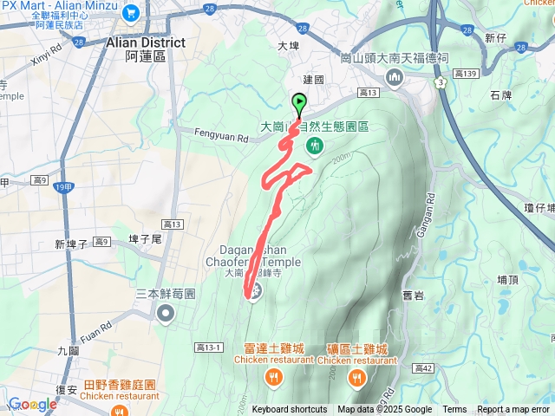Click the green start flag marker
299,103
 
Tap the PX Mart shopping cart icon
131,12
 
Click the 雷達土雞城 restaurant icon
273,376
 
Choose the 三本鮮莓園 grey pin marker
166,312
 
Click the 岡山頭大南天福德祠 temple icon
395,78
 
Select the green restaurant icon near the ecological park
315,145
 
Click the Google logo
32,404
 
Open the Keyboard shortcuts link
290,410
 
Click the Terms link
454,410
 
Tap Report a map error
514,410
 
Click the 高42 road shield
424,345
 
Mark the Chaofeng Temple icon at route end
254,291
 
